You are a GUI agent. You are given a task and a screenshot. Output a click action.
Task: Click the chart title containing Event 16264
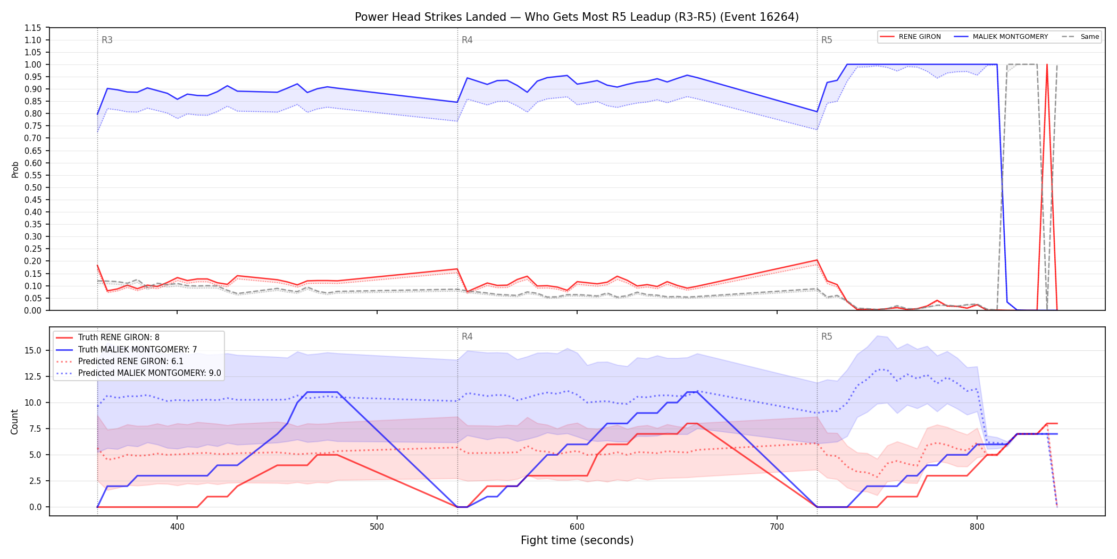pyautogui.click(x=577, y=17)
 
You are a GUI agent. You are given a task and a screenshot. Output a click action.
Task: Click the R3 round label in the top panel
pyautogui.click(x=107, y=40)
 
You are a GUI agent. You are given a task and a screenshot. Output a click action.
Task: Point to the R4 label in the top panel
pyautogui.click(x=467, y=40)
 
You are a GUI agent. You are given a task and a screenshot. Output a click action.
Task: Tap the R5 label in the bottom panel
pyautogui.click(x=827, y=336)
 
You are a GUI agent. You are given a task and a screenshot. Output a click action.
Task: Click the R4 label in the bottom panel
pyautogui.click(x=467, y=336)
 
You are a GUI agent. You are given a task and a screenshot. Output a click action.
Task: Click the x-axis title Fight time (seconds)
pyautogui.click(x=577, y=541)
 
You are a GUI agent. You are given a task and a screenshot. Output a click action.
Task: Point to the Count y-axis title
pyautogui.click(x=14, y=422)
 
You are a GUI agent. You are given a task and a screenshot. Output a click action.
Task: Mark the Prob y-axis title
pyautogui.click(x=15, y=169)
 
